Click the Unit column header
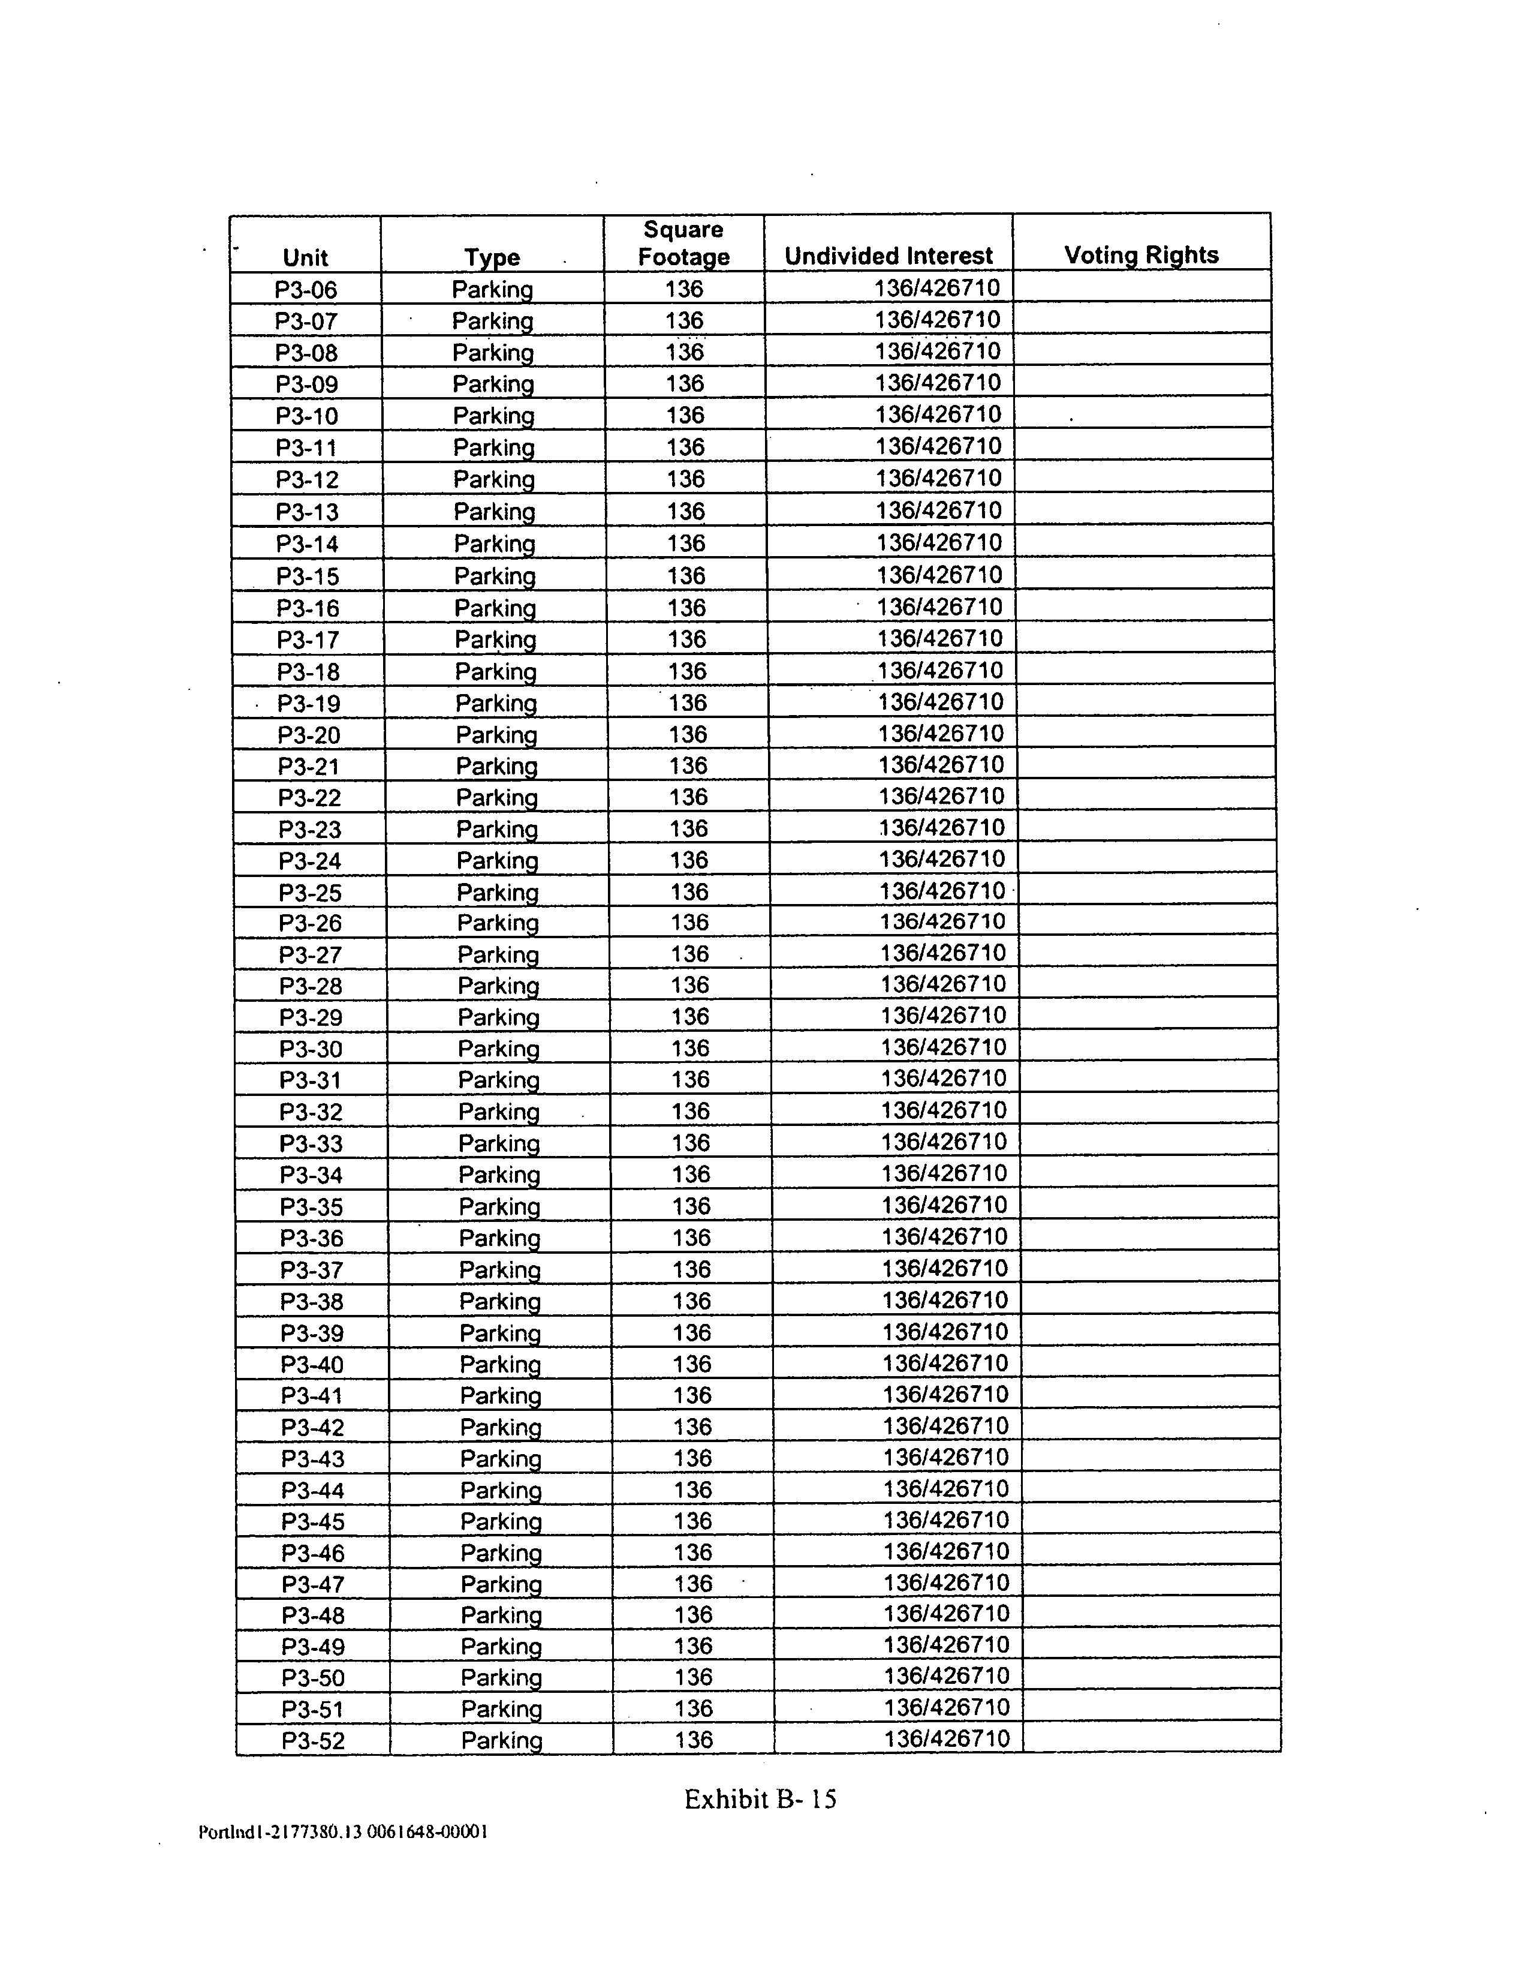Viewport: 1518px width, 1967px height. click(x=305, y=257)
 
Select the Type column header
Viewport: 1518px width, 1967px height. click(x=492, y=257)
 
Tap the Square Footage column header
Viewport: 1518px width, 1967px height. click(x=683, y=243)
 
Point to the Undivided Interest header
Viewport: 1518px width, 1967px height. click(x=888, y=256)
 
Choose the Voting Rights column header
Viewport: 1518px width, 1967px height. click(x=1141, y=255)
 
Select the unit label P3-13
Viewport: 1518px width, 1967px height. click(x=307, y=512)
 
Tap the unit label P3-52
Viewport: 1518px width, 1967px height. click(x=314, y=1740)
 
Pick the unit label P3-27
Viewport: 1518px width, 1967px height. click(x=311, y=954)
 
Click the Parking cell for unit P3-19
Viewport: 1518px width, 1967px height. click(x=496, y=702)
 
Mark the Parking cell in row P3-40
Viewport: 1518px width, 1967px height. click(x=499, y=1364)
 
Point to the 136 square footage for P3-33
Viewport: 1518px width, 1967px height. click(x=691, y=1142)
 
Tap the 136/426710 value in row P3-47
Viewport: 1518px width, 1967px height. click(x=946, y=1581)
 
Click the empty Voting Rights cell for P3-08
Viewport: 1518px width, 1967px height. click(x=1141, y=350)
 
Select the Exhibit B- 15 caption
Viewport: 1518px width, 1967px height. click(x=760, y=1798)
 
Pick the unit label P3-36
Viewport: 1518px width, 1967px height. click(x=312, y=1238)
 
